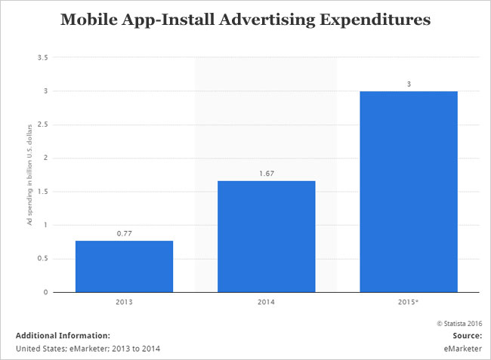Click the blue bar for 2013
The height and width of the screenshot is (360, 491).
point(124,266)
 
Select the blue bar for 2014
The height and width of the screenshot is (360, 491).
point(266,236)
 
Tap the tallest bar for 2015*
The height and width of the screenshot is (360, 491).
point(408,192)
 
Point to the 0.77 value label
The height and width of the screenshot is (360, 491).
point(124,233)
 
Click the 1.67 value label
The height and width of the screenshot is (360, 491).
point(266,173)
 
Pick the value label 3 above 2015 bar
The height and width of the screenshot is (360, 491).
point(409,84)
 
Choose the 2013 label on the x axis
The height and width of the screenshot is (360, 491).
point(124,303)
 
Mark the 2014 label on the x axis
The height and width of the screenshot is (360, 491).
point(266,303)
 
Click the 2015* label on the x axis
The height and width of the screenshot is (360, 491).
point(409,303)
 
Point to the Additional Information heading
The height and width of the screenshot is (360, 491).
point(63,335)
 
